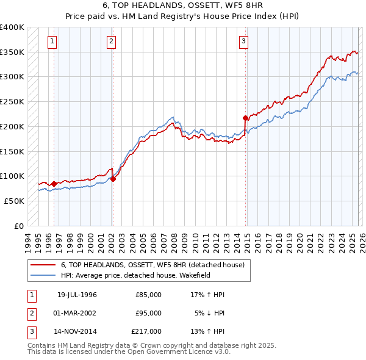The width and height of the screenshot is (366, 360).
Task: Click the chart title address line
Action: point(183,5)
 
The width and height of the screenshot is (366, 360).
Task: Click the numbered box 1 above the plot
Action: point(52,41)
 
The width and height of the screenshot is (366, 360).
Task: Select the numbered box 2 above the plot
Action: point(112,41)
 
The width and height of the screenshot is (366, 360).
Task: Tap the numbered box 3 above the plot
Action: point(243,41)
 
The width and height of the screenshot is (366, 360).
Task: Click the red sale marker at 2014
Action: point(245,118)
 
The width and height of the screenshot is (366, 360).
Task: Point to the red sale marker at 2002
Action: point(113,179)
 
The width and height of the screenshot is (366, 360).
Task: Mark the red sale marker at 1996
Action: point(54,184)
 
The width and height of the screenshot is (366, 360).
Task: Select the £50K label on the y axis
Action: point(15,201)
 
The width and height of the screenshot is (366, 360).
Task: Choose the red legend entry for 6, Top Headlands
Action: point(152,265)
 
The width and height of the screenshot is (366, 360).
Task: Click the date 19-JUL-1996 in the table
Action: point(77,295)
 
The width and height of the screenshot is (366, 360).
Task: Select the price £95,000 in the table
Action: point(148,313)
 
